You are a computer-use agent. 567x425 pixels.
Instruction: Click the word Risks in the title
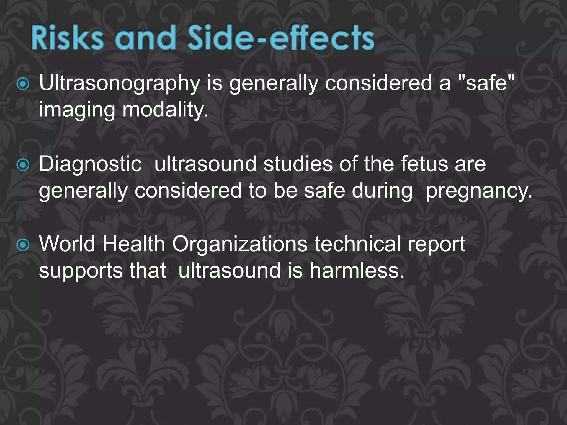[x=67, y=38]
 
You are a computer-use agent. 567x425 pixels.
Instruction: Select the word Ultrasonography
[x=119, y=83]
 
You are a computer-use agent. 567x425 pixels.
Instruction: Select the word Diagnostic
[x=90, y=164]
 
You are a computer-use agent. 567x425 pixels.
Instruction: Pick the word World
[x=67, y=244]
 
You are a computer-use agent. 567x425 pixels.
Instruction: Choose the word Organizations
[x=240, y=244]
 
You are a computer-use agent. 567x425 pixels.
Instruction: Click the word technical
[x=357, y=244]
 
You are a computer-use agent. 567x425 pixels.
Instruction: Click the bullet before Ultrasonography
[x=23, y=84]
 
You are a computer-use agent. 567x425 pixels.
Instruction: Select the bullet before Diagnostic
[x=23, y=165]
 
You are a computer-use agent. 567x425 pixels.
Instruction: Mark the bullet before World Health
[x=23, y=245]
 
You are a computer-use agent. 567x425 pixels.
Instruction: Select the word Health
[x=134, y=244]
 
